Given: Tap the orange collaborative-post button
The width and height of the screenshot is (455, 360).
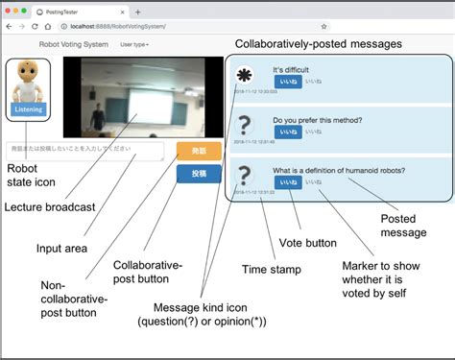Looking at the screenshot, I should point(199,151).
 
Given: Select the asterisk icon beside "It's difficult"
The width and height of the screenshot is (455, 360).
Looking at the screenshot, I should point(246,76).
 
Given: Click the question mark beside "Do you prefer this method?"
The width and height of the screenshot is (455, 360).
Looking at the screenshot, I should point(246,125).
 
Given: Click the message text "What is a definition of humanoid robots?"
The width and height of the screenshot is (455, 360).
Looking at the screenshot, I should point(338,170).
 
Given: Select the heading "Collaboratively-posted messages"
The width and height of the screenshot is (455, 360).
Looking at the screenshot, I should point(319,44).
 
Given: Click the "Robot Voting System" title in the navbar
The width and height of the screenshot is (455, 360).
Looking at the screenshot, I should point(72,44).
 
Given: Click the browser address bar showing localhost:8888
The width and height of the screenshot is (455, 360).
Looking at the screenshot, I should point(192,26).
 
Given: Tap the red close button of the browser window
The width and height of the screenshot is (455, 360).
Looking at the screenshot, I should point(10,10).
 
